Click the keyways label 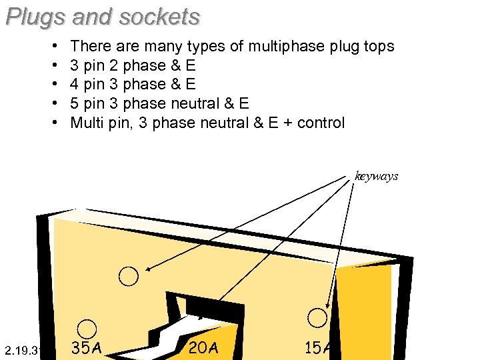[377, 177]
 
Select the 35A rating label [87, 348]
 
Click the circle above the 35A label [87, 329]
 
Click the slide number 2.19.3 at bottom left [23, 350]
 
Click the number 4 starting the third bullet [75, 85]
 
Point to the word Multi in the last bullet [87, 123]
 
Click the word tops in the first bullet [377, 47]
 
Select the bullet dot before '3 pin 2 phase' [53, 66]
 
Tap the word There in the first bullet [89, 47]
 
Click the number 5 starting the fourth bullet [75, 103]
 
